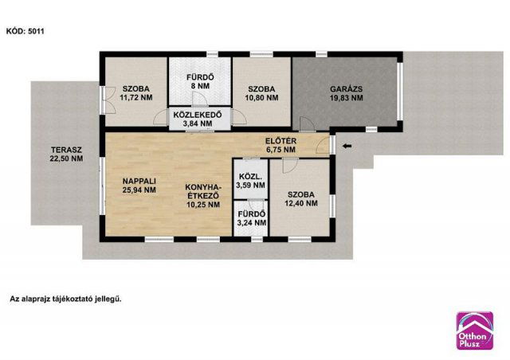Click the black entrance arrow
click(x=347, y=147)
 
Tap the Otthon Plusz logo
click(x=475, y=331)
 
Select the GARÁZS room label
click(x=346, y=88)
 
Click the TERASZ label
click(x=66, y=151)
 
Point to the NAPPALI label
click(x=139, y=181)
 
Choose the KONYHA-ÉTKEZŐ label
click(x=203, y=192)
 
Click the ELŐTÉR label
click(x=280, y=141)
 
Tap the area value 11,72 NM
click(x=136, y=97)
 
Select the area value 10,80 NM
click(x=261, y=97)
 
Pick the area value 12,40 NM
click(x=301, y=204)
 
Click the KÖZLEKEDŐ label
click(x=198, y=115)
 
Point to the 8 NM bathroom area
click(x=200, y=86)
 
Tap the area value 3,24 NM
click(x=252, y=223)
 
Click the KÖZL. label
click(x=252, y=177)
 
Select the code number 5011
click(x=36, y=32)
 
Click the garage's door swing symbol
click(x=307, y=123)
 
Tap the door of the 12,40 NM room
click(x=289, y=166)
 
